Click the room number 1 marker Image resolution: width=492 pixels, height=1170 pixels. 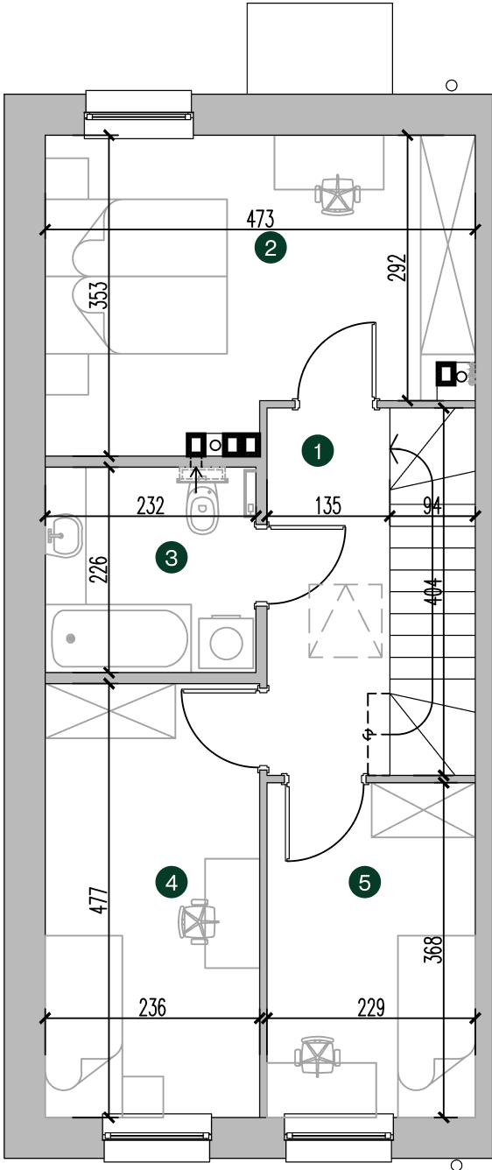coord(318,450)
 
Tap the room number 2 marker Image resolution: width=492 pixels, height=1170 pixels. coord(271,247)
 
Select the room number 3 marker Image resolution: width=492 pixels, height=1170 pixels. coord(172,558)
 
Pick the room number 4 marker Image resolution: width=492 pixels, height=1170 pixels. coord(172,883)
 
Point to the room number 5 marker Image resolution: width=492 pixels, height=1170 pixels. coord(364,883)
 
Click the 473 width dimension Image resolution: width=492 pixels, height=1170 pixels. coord(260,219)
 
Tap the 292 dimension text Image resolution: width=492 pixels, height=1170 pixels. coord(397,267)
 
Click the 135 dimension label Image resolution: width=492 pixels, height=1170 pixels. coord(328,505)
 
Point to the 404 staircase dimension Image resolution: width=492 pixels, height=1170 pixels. coord(433,591)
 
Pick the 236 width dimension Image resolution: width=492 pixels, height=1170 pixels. coord(152,1007)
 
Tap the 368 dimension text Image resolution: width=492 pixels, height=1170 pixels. coord(434,949)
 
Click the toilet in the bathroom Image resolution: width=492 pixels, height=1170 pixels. coord(202,508)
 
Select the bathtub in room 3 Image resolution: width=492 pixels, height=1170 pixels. coord(120,638)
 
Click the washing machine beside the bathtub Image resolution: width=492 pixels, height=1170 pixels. coord(226,644)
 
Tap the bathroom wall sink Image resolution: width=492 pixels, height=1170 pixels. coord(64,536)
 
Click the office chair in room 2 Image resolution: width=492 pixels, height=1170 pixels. coord(338,195)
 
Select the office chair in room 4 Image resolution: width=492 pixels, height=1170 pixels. coord(198,921)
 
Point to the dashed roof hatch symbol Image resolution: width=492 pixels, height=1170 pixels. coord(345,621)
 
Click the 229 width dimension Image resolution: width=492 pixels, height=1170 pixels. coord(371,1007)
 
